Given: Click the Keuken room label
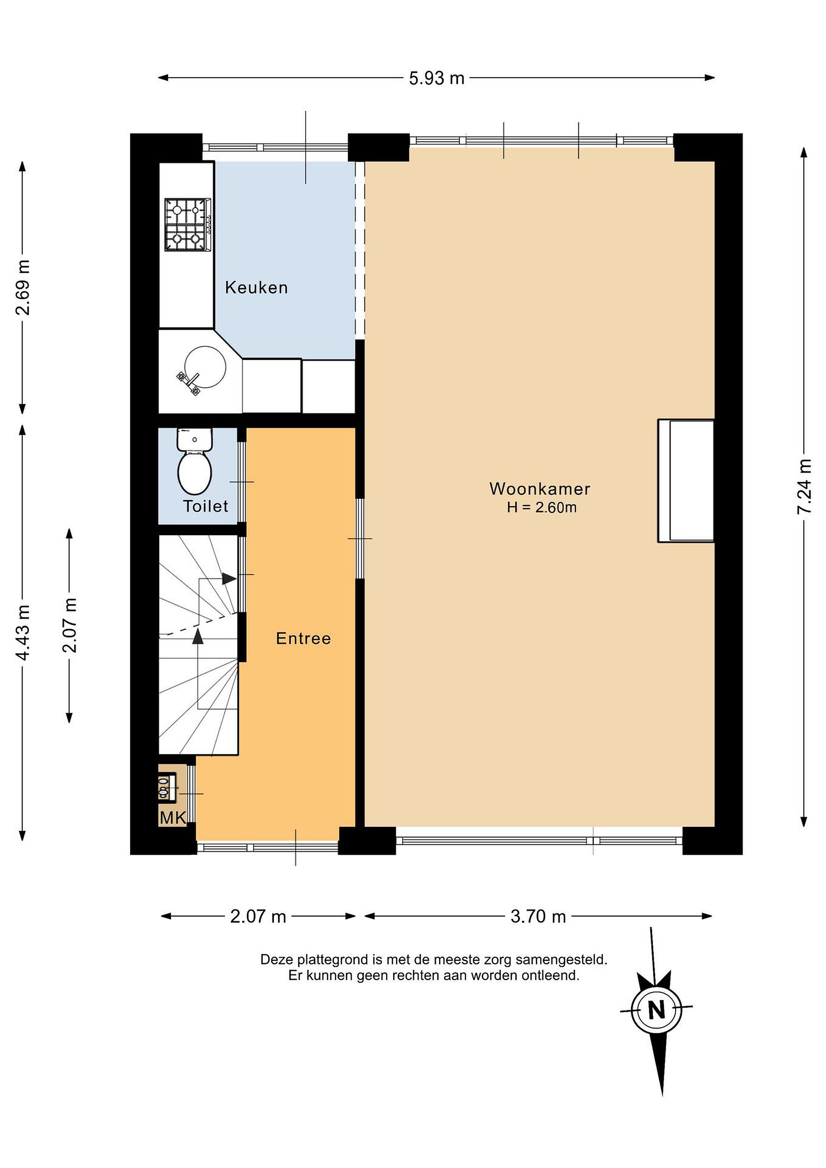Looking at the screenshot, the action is click(x=256, y=288).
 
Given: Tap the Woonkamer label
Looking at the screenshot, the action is click(x=540, y=489).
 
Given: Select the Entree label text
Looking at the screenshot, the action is click(x=303, y=638).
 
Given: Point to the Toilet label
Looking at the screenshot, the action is click(x=206, y=506).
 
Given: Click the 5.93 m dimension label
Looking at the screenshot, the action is click(x=437, y=78).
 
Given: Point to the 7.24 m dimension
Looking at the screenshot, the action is click(x=804, y=486).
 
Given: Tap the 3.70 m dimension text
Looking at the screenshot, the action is click(x=538, y=917).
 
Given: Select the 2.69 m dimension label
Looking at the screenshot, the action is click(x=23, y=288).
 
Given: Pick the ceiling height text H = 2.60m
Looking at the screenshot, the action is click(x=542, y=508).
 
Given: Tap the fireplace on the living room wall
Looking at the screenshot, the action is click(x=686, y=481).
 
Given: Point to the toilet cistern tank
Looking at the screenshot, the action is click(x=194, y=440).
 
